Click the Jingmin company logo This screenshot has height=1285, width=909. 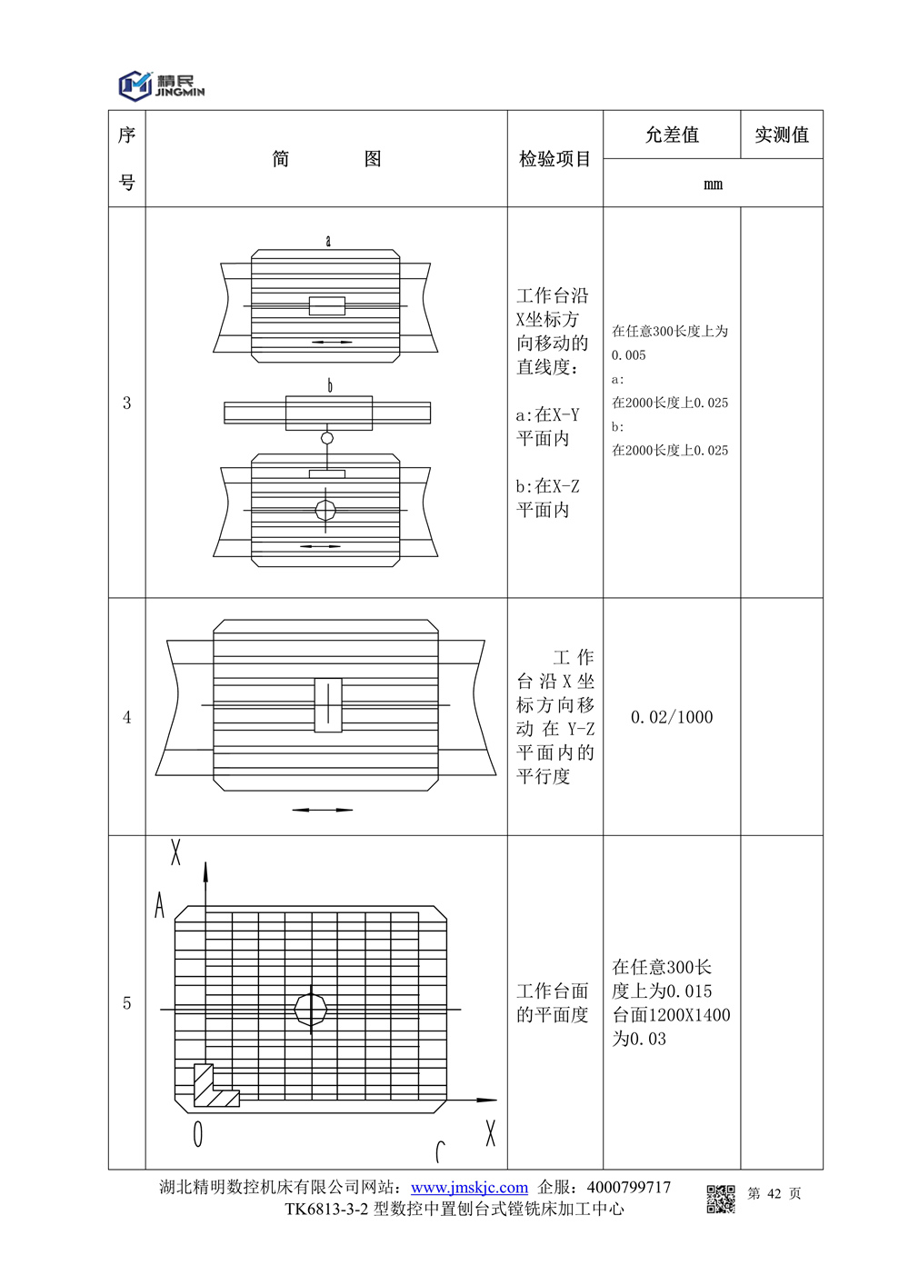[x=161, y=85]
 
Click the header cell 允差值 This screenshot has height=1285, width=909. [x=672, y=135]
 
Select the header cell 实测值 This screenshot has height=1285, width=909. [x=781, y=135]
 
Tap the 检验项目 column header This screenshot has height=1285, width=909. [x=554, y=159]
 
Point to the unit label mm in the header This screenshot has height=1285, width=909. [x=713, y=184]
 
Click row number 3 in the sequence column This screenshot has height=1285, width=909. [x=126, y=403]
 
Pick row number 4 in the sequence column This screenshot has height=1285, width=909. [x=126, y=717]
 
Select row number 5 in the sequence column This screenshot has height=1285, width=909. [x=126, y=1003]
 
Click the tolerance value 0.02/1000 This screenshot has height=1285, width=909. [x=672, y=717]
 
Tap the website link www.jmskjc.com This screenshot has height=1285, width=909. [x=469, y=1187]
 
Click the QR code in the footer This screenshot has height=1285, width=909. [x=721, y=1199]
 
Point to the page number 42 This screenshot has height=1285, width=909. [x=774, y=1193]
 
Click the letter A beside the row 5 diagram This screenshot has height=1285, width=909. [x=160, y=905]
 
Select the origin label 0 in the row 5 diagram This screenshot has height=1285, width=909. [x=197, y=1134]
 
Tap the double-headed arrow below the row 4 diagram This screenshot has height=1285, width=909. [x=322, y=810]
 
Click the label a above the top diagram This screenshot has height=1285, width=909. [x=328, y=241]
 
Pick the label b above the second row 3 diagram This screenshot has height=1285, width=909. [x=330, y=385]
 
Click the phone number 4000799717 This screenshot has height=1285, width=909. [x=629, y=1187]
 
